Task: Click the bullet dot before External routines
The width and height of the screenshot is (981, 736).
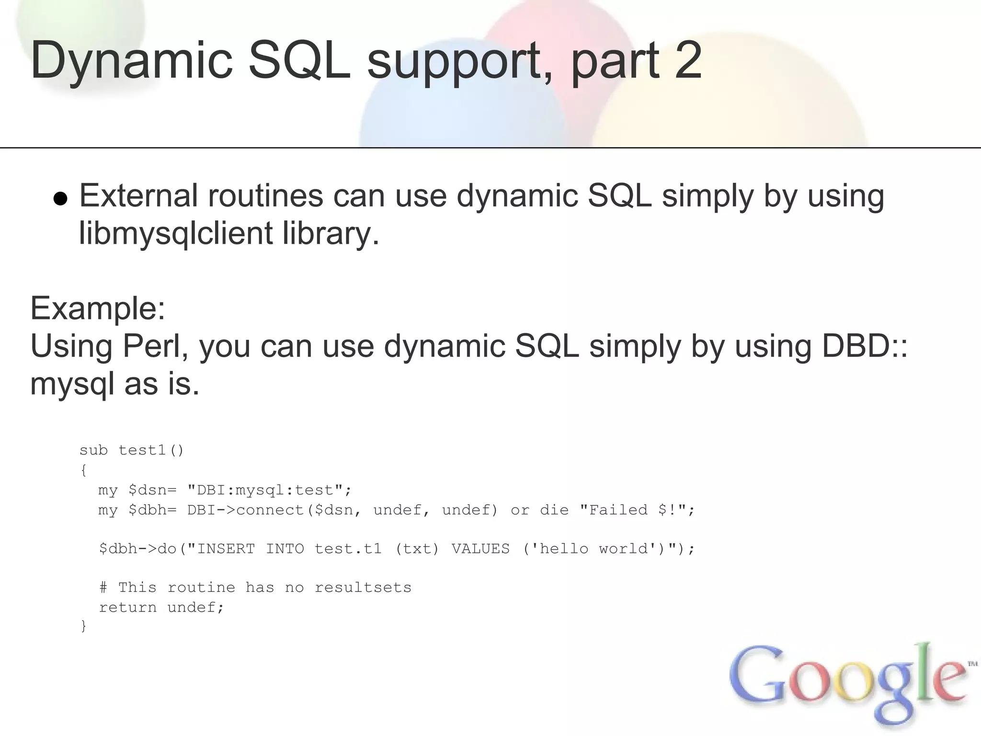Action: (x=60, y=198)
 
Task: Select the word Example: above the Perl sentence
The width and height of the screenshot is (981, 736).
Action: (x=98, y=308)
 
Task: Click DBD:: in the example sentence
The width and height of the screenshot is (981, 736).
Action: (x=865, y=346)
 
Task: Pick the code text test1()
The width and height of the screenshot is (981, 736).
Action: (x=151, y=450)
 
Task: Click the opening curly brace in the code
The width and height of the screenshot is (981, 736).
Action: (x=84, y=471)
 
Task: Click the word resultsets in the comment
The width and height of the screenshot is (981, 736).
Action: (x=363, y=588)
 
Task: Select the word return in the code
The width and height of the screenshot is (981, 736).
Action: (x=128, y=608)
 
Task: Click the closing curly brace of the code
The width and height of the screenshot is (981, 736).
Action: (x=84, y=626)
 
